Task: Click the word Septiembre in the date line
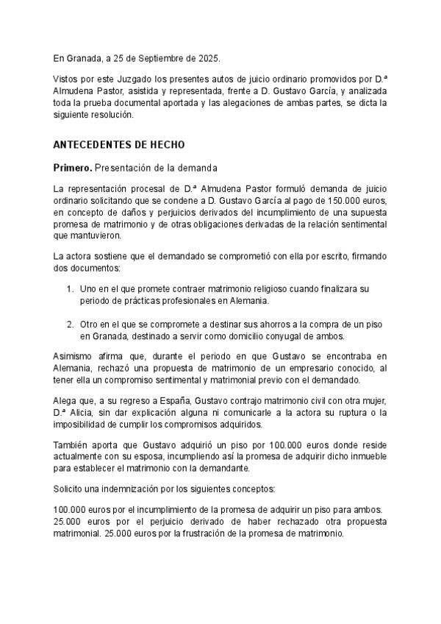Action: coord(158,57)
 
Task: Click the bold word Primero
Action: coord(72,169)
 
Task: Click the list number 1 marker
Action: coord(70,290)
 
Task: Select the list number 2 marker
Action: coord(70,325)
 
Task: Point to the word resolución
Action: coord(114,116)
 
